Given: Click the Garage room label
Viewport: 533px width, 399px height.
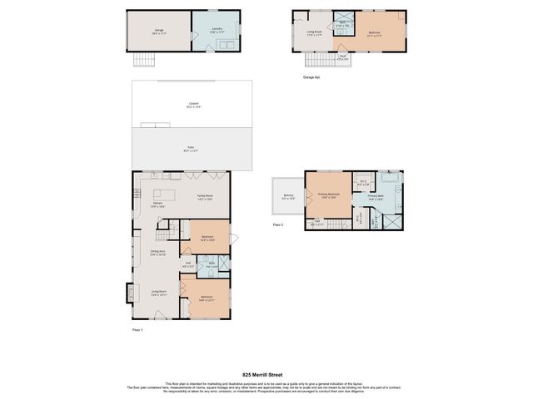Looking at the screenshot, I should [157, 30].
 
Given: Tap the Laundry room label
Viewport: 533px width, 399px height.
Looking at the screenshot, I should [215, 30].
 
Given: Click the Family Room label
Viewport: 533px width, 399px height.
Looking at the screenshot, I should [205, 197].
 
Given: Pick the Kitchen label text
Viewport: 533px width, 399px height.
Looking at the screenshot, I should [157, 204].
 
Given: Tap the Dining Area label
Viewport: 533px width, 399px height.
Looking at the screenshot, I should [157, 252].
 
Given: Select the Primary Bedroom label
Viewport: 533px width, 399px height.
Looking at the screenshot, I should [327, 195].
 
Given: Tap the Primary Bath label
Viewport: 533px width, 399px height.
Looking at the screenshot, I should [376, 196].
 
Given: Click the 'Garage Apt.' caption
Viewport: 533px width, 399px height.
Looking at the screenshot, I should [311, 76].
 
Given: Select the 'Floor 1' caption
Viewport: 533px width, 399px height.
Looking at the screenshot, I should [137, 330].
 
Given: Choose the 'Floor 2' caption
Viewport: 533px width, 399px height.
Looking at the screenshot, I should [279, 224].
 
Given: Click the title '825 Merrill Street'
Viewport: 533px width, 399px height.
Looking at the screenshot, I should [266, 374].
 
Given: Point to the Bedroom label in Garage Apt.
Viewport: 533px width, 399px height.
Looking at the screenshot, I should [375, 33].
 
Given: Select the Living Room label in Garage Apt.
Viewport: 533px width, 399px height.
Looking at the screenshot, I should [314, 33].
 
